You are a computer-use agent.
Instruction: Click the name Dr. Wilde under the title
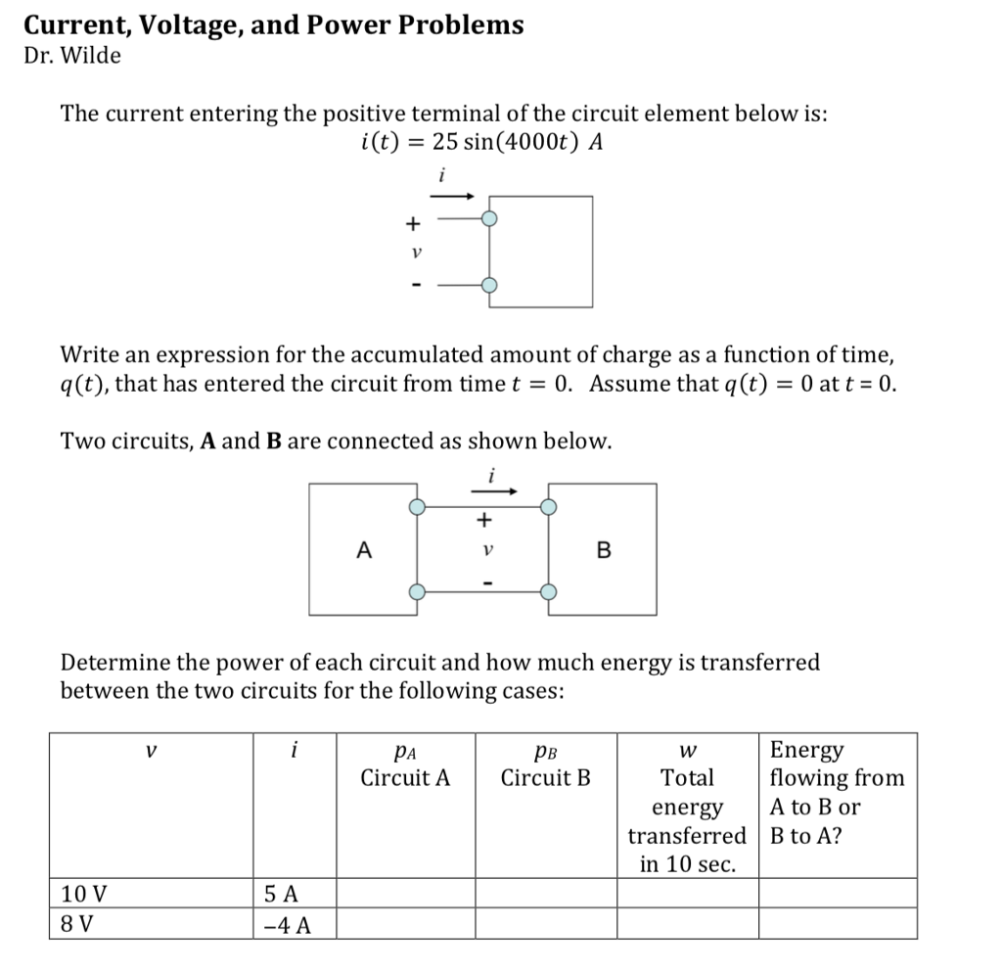pyautogui.click(x=72, y=56)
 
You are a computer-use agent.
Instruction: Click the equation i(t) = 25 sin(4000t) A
pyautogui.click(x=480, y=143)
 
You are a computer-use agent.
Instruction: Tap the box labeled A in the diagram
pyautogui.click(x=363, y=549)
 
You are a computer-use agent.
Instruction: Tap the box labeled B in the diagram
pyautogui.click(x=603, y=549)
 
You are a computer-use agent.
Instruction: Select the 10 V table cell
pyautogui.click(x=152, y=893)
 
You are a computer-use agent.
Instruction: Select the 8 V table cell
pyautogui.click(x=152, y=923)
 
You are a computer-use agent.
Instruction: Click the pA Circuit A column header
pyautogui.click(x=405, y=764)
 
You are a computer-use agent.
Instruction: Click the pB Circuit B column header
pyautogui.click(x=546, y=764)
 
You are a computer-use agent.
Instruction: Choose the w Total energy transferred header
pyautogui.click(x=687, y=807)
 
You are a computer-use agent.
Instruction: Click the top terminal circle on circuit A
pyautogui.click(x=418, y=506)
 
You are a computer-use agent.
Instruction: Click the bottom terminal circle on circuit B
pyautogui.click(x=549, y=591)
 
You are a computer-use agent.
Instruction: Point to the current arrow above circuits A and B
pyautogui.click(x=494, y=492)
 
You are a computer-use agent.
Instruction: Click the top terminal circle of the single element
pyautogui.click(x=490, y=220)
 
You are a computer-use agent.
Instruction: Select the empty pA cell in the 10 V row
pyautogui.click(x=405, y=893)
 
